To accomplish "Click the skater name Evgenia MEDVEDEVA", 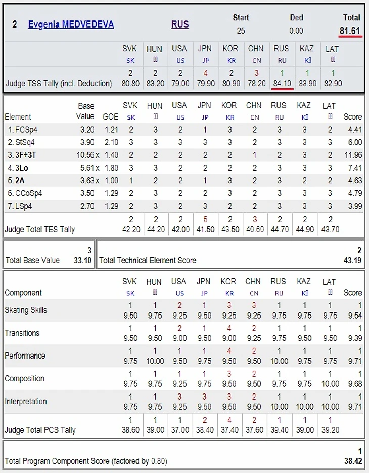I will [x=71, y=24].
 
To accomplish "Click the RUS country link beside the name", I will [x=180, y=24].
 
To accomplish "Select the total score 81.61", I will [x=350, y=31].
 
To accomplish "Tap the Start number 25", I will [x=241, y=31].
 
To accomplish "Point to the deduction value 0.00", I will [x=296, y=31].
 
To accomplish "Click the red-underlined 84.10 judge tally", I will [x=281, y=83].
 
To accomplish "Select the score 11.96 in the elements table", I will [x=352, y=155].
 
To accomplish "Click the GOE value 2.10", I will [x=111, y=142].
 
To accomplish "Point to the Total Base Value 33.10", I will [x=82, y=260].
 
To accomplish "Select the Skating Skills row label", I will [x=26, y=310].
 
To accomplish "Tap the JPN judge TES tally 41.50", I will [x=205, y=229].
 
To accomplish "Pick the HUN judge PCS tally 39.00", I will [x=155, y=430].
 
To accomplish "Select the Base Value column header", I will [x=86, y=111].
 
